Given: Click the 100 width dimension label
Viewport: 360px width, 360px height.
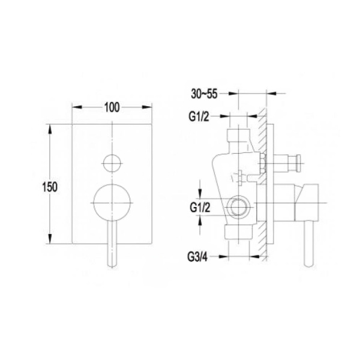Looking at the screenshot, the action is pyautogui.click(x=112, y=107).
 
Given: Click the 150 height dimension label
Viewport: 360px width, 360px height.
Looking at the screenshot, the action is pyautogui.click(x=50, y=187).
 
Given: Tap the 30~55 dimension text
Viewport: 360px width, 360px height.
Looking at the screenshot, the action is pyautogui.click(x=204, y=94).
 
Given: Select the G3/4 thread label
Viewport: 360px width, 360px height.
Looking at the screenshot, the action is pyautogui.click(x=197, y=257).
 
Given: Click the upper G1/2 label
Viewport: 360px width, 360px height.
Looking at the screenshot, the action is pyautogui.click(x=199, y=116).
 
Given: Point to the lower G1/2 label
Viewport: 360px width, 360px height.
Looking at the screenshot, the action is pyautogui.click(x=200, y=208).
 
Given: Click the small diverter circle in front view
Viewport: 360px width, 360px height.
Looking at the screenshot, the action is pyautogui.click(x=112, y=163).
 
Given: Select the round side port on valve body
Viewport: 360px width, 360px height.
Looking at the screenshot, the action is pyautogui.click(x=239, y=206).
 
